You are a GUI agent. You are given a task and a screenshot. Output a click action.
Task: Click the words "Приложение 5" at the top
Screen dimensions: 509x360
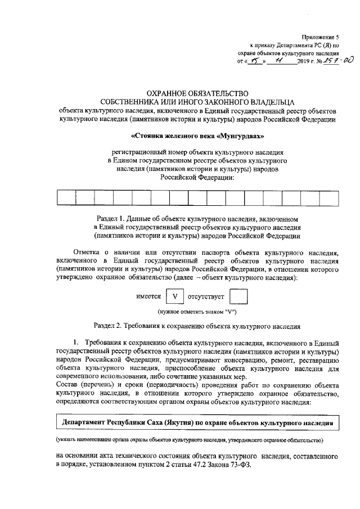322,35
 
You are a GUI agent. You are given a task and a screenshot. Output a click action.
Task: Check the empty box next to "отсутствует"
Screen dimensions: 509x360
238,296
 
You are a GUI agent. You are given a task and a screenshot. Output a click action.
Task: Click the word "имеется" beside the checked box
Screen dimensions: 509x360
148,296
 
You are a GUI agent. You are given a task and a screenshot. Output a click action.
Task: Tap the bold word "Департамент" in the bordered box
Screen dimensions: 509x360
87,421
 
